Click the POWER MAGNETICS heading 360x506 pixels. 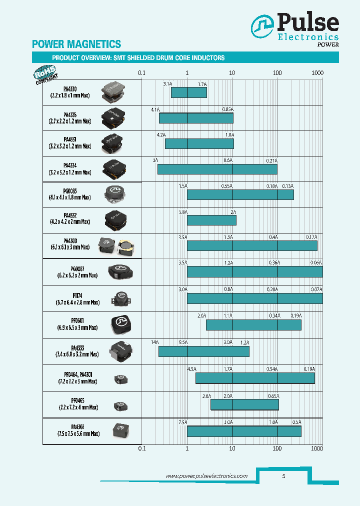76,44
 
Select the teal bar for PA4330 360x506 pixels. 188,92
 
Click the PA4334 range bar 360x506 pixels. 217,169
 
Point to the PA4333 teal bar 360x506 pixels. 203,351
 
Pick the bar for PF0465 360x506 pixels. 244,404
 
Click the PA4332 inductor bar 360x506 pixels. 211,220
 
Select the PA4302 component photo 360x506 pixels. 119,428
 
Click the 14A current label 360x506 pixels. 154,342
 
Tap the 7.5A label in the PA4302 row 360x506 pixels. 182,422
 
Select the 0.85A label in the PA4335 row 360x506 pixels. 227,109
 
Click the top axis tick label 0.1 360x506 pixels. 141,73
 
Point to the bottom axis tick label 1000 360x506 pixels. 317,448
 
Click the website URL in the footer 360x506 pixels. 206,476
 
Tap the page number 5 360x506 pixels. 283,476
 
